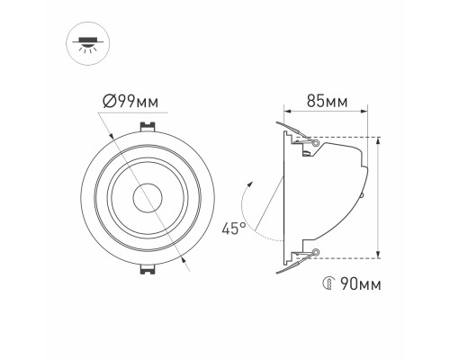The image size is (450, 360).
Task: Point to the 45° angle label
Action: [x=234, y=229]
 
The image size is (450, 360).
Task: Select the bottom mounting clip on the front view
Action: [x=145, y=267]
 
